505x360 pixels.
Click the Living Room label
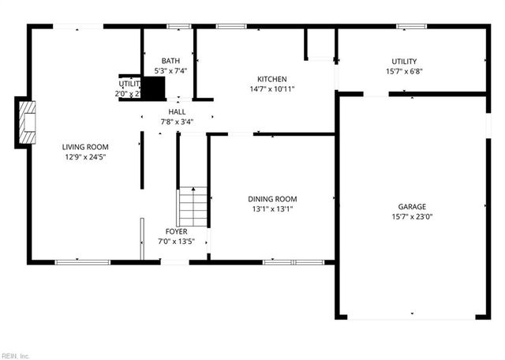point(85,147)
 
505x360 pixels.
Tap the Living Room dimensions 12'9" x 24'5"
point(85,157)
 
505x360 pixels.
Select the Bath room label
point(170,61)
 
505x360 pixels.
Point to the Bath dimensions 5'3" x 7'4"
point(170,71)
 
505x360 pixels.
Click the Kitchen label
point(271,79)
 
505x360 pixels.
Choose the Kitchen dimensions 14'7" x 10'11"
point(271,89)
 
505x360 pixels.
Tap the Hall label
point(177,111)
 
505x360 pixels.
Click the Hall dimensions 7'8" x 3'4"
point(177,122)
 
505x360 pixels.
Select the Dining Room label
point(273,199)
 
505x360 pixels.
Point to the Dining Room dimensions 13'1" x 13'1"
point(273,209)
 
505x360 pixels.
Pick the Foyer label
point(176,231)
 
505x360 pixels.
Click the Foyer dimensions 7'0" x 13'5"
point(176,242)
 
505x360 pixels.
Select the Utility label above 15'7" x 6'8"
point(404,62)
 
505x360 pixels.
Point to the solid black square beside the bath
point(153,88)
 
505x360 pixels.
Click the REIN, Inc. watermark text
point(15,355)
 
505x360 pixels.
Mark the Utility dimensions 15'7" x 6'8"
point(404,72)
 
